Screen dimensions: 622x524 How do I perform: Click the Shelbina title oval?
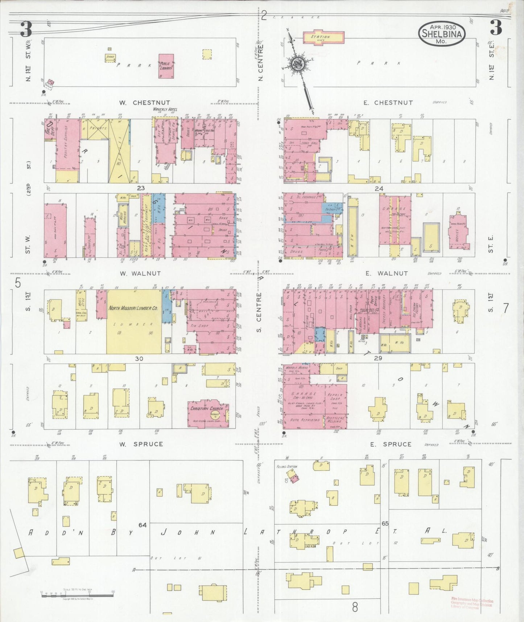pos(442,34)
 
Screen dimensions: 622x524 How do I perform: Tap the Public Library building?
pos(166,66)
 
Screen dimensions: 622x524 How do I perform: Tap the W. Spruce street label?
pos(140,444)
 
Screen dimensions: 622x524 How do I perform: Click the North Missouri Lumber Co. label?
pos(133,308)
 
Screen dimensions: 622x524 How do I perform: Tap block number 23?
pos(140,188)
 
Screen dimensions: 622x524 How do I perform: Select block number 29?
pos(378,358)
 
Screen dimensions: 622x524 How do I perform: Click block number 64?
pos(142,525)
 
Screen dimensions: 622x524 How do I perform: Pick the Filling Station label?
pos(287,466)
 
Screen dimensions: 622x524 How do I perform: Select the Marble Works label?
pos(297,367)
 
